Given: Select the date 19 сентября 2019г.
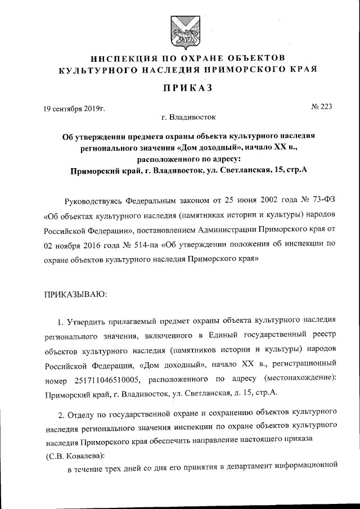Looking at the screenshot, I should (74, 108).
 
